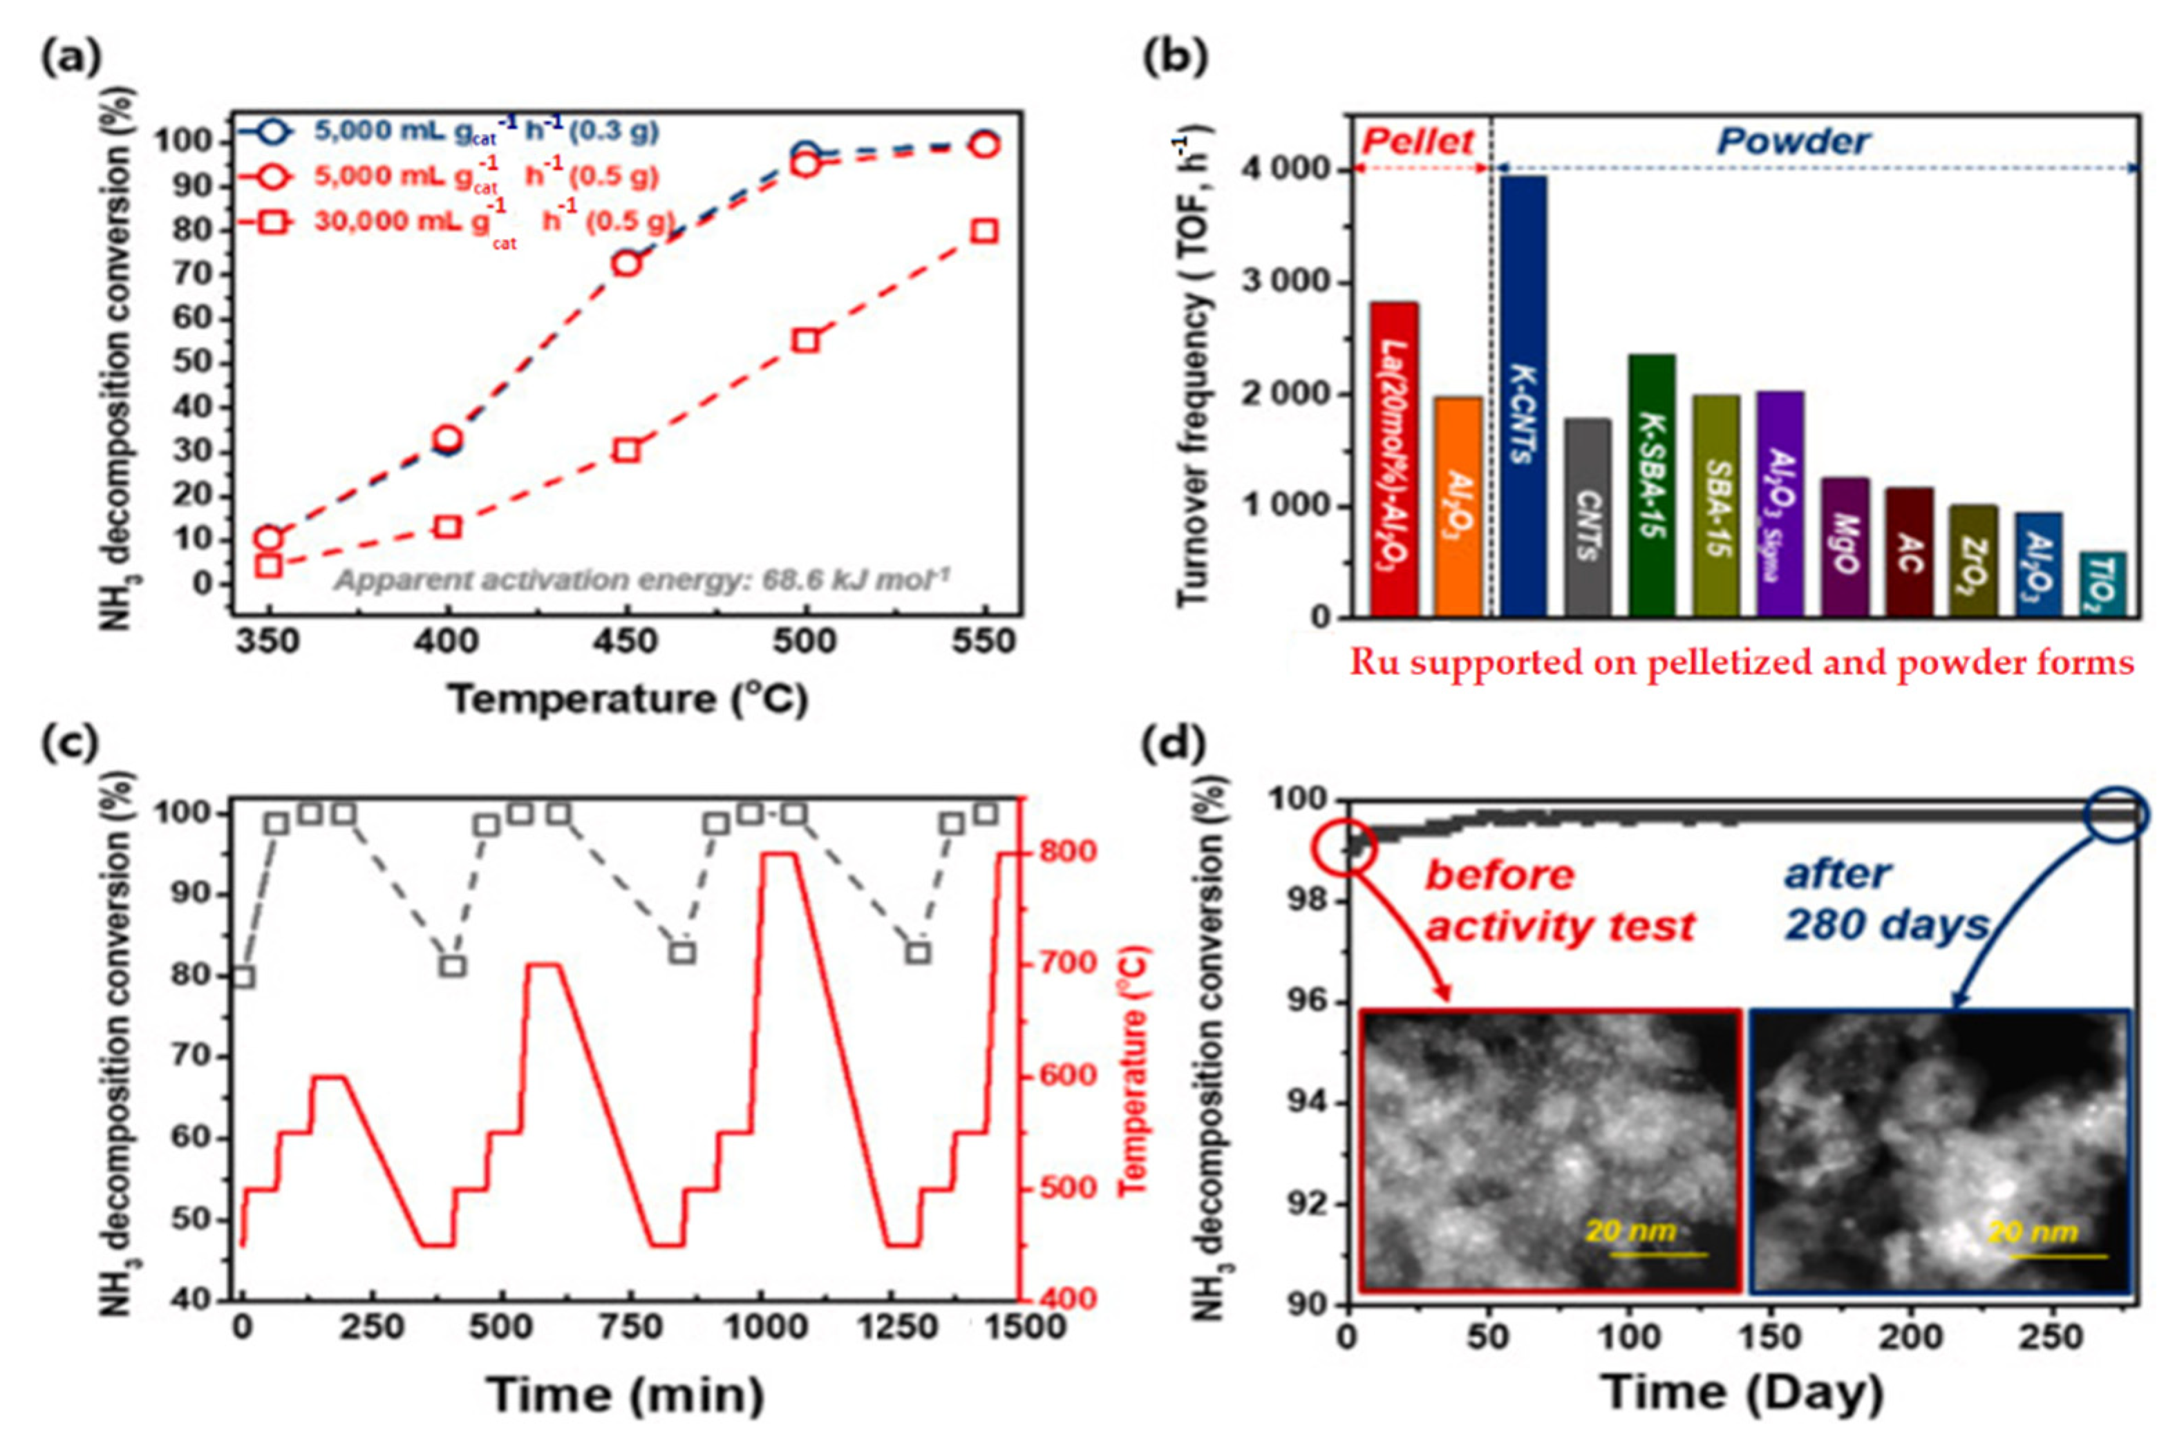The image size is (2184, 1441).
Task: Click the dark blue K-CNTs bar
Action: click(1523, 395)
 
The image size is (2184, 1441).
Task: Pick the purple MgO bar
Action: click(1845, 547)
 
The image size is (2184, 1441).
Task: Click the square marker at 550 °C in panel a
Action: click(984, 231)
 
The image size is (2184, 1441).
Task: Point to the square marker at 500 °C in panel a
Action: click(805, 340)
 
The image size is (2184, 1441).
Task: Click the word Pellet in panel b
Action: click(1418, 142)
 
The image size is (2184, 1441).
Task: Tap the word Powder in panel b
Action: click(1792, 142)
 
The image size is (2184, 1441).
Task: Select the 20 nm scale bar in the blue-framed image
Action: click(2048, 1255)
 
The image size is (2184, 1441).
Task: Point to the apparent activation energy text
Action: click(641, 580)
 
